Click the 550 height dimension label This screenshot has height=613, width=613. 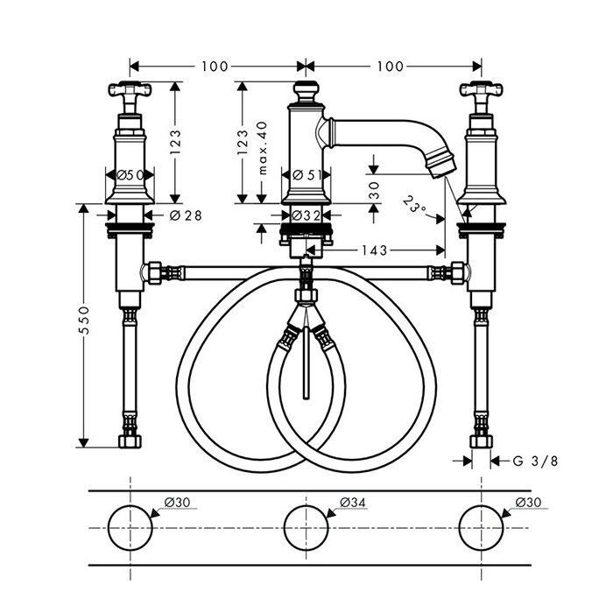coord(85,321)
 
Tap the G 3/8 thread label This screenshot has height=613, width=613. coord(535,461)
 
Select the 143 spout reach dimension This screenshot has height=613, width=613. coord(374,250)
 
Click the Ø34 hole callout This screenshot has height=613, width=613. coord(353,502)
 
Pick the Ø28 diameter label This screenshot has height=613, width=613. coord(186,215)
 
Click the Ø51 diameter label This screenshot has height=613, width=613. coord(306,175)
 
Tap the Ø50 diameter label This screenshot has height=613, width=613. coord(130,175)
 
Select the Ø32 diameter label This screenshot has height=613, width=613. coord(306,215)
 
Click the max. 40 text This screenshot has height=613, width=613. coord(263,148)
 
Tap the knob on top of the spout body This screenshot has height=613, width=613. coord(306,91)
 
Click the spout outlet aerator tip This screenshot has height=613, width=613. coord(442,166)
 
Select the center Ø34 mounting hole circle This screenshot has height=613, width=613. coord(306,527)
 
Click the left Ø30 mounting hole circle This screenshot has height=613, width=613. coord(130,527)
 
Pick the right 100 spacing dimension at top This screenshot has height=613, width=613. coord(394,67)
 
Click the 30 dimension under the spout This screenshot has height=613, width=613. coord(374,190)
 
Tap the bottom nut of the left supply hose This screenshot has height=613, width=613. coord(130,441)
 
